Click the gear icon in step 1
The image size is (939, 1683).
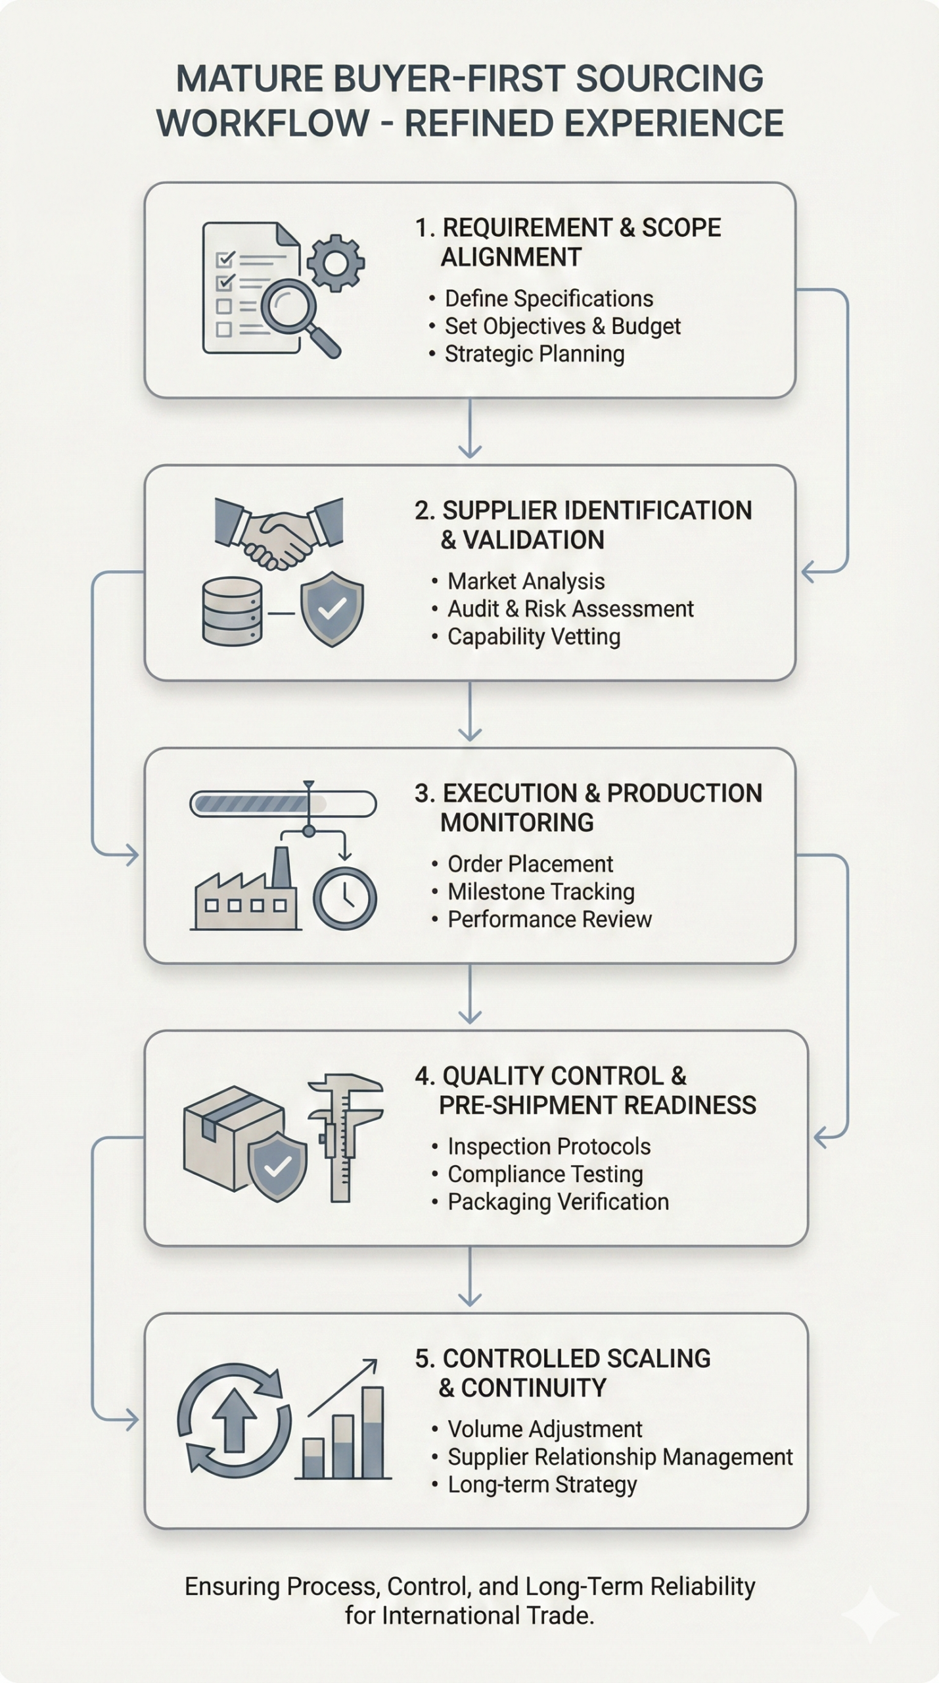[336, 263]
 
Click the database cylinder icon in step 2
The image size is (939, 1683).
[232, 611]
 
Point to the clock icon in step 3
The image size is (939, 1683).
[344, 898]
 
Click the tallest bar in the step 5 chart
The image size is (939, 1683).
[373, 1432]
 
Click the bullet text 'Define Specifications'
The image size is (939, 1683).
[549, 299]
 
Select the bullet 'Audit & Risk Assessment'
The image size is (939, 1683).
[570, 609]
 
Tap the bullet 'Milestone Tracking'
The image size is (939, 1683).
[541, 892]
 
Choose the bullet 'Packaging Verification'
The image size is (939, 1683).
[558, 1202]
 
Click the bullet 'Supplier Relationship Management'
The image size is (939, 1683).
[620, 1458]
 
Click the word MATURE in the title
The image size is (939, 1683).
[250, 79]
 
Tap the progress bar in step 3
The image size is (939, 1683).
[283, 804]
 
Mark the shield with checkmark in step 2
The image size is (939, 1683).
[332, 609]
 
